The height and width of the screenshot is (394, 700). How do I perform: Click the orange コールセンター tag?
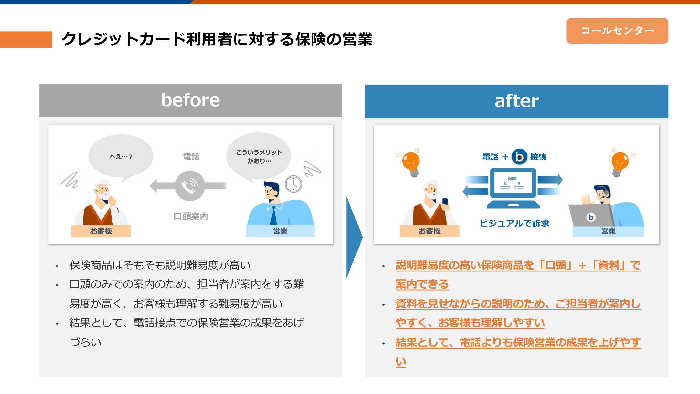(x=617, y=31)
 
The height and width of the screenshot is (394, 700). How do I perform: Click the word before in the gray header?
(x=190, y=100)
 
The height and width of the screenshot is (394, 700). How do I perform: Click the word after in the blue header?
(x=517, y=101)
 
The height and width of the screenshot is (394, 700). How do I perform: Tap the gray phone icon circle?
(x=190, y=186)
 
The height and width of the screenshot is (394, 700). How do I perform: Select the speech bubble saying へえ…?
(x=121, y=157)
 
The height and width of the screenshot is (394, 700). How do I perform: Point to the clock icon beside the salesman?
(x=293, y=184)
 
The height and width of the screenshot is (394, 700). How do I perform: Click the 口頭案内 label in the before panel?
(x=191, y=216)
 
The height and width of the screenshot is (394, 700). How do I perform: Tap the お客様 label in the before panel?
(x=101, y=231)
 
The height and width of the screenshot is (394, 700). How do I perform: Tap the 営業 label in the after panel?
(x=608, y=231)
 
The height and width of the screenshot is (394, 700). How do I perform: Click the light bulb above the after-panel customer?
(x=411, y=164)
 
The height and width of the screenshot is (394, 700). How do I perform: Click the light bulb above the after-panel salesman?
(x=619, y=164)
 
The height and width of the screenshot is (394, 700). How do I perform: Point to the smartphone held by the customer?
(x=445, y=202)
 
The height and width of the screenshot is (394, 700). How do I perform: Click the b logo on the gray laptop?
(x=591, y=217)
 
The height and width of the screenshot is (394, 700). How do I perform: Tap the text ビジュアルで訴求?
(x=514, y=223)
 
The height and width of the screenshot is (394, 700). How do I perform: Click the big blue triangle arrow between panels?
(x=354, y=237)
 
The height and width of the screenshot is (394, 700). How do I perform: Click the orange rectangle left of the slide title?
(x=26, y=39)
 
